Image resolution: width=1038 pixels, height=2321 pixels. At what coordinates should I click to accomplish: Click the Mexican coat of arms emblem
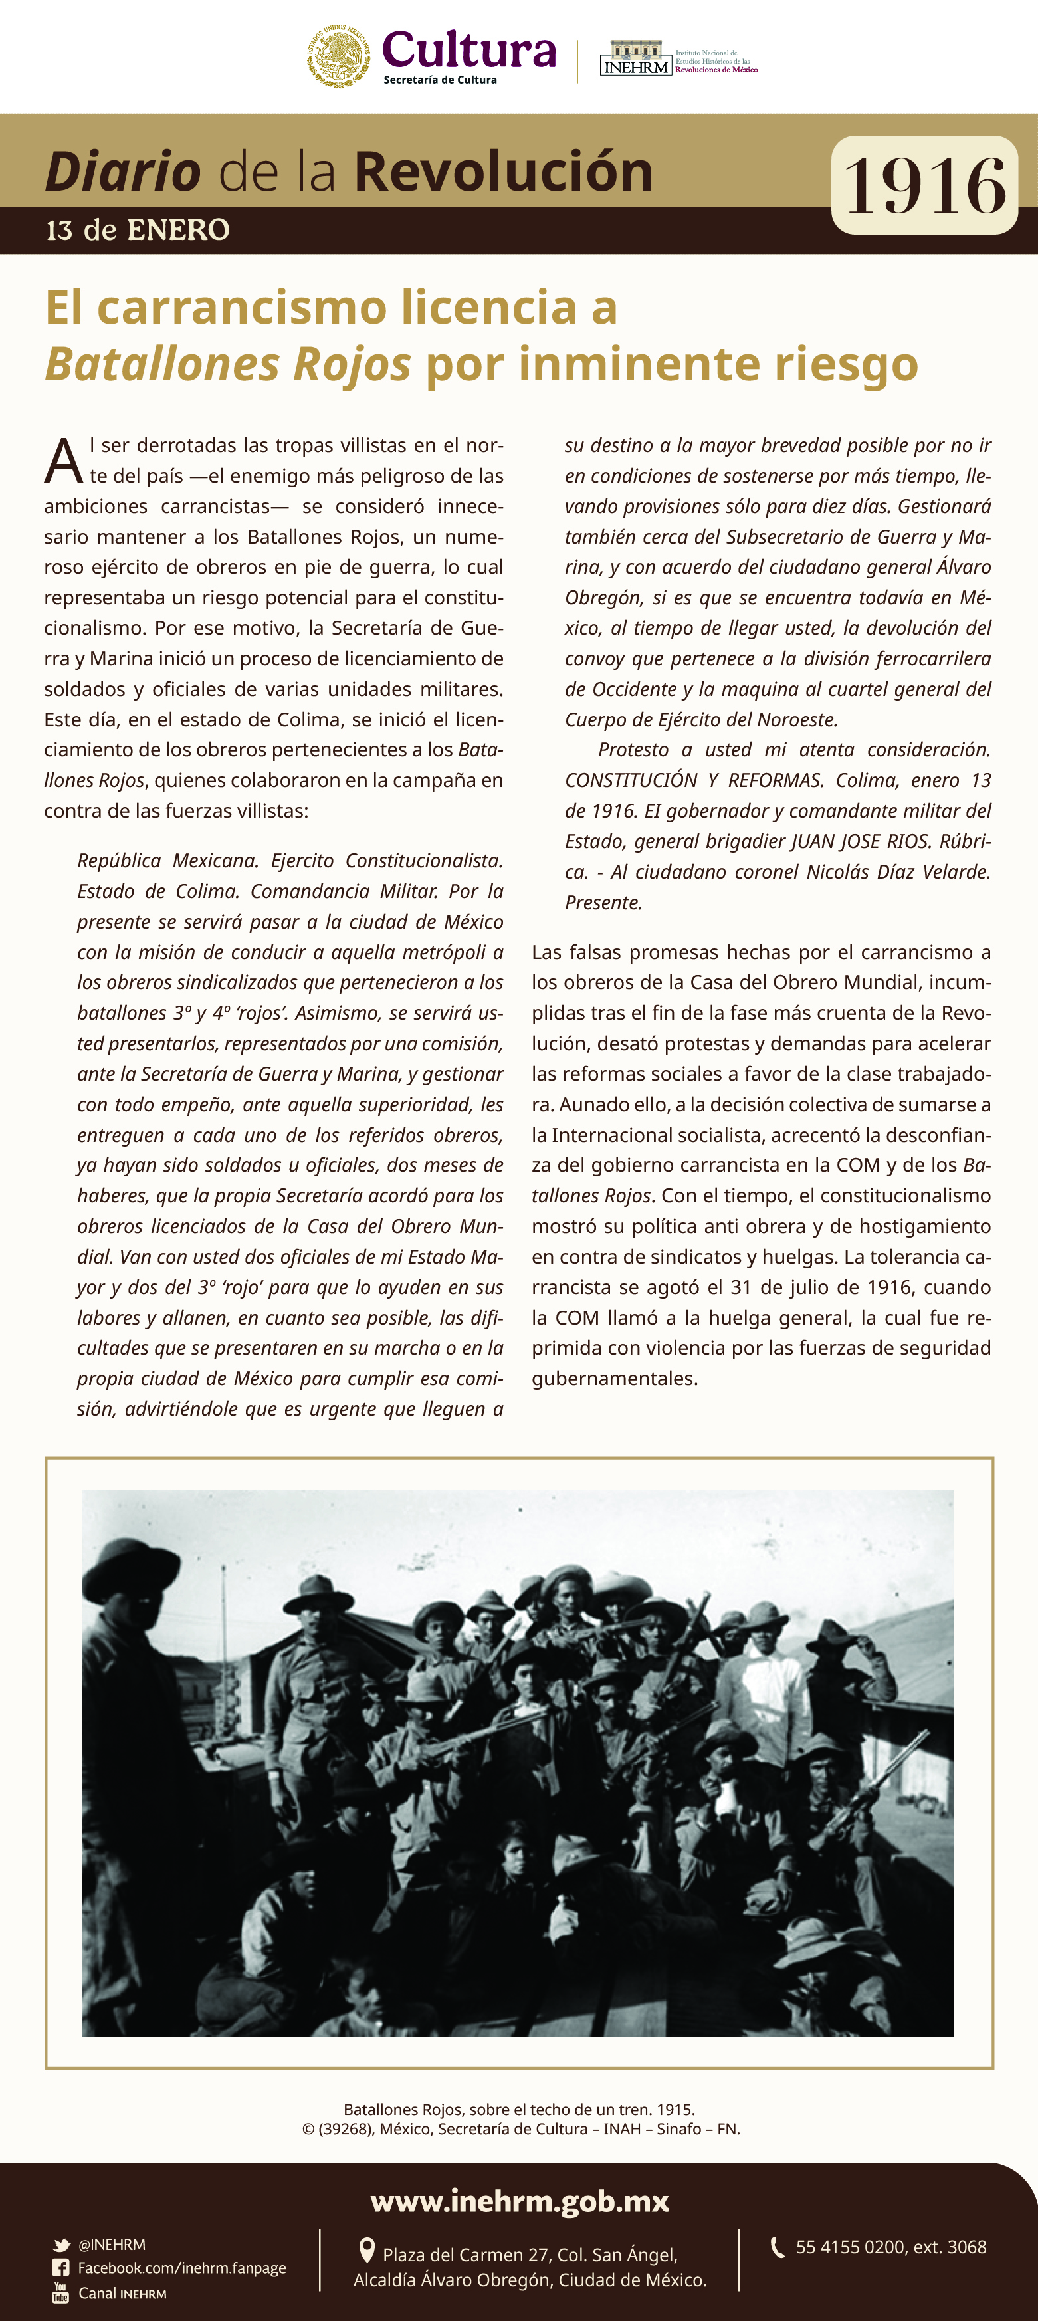point(340,56)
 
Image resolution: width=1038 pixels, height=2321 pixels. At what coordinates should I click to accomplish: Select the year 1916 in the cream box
point(924,185)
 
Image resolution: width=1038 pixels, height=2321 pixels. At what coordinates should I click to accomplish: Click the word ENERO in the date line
point(178,231)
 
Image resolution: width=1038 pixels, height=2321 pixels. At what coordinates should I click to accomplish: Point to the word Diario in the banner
point(122,171)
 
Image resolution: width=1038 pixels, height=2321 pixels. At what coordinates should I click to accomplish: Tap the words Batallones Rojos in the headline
point(228,364)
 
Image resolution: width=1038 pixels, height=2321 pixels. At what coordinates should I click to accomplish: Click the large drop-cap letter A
point(63,461)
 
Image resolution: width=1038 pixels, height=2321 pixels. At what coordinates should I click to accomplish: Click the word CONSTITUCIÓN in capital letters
point(631,780)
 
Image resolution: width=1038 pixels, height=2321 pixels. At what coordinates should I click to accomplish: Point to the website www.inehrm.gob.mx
point(519,2201)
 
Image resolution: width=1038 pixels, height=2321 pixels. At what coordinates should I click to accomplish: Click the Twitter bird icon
point(61,2245)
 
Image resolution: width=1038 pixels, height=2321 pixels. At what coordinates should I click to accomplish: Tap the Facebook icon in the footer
point(60,2268)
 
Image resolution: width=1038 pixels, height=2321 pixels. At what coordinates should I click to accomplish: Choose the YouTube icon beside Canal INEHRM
point(60,2292)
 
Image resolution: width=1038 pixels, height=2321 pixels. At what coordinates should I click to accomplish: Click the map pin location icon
point(367,2251)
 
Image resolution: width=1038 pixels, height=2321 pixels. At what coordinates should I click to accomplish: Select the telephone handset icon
point(778,2247)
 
